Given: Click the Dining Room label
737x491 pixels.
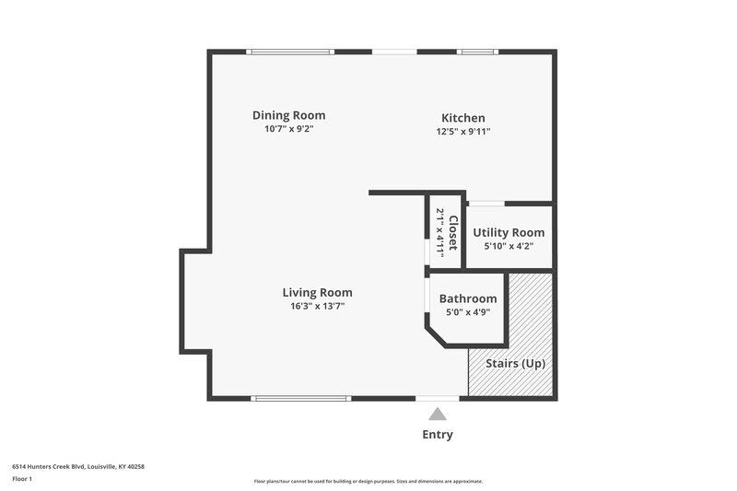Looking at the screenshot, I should pos(289,115).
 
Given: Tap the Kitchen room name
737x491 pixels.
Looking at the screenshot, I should pos(462,118).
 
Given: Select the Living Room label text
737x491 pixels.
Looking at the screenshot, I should pos(317,293).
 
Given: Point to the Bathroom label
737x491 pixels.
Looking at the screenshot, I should pos(468,298).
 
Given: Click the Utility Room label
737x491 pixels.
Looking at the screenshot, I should pos(509,233).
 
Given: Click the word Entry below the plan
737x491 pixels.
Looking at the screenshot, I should pos(438,435).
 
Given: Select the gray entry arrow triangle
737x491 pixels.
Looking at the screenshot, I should pos(438,415).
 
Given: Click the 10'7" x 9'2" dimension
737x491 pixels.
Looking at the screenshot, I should pos(289,129).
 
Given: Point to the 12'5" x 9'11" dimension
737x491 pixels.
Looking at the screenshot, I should pos(462,132).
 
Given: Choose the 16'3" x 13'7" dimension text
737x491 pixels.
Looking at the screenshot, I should pos(317,306).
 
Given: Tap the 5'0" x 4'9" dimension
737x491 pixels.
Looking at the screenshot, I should pos(468,312).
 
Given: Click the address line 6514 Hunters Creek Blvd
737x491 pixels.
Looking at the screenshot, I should pos(78,466).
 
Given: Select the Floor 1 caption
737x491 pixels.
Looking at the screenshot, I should pos(22,479).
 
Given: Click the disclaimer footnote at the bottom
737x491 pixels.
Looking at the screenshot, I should pos(368,481).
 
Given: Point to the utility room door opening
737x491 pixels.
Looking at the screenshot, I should pos(486,203).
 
